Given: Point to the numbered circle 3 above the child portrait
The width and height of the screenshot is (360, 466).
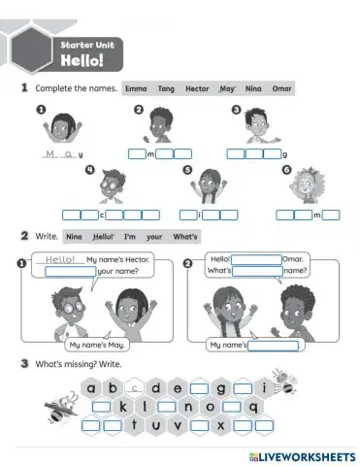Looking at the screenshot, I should pyautogui.click(x=236, y=111).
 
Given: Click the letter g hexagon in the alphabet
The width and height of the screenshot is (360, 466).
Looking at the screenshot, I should pyautogui.click(x=222, y=390).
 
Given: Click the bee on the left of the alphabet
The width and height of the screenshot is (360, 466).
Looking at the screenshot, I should pyautogui.click(x=64, y=403).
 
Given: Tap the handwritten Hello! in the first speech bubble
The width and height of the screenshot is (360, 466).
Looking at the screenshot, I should pyautogui.click(x=60, y=259).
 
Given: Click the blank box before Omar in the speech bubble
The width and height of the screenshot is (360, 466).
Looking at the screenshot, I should pyautogui.click(x=256, y=258).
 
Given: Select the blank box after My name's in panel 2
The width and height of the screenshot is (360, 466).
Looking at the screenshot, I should pyautogui.click(x=274, y=345).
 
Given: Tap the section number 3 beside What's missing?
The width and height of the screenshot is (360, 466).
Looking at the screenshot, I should pyautogui.click(x=23, y=363).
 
